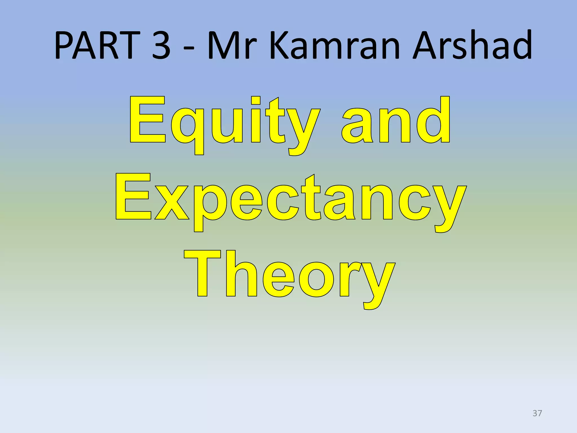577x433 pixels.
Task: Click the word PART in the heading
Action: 97,45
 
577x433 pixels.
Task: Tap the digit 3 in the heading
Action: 161,45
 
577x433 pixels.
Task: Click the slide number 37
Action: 537,413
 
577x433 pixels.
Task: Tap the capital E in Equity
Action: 147,120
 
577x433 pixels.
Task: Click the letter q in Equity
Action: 187,127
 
